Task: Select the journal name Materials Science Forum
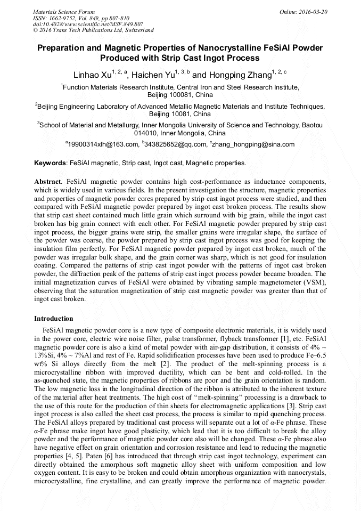[x=64, y=11]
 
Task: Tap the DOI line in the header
[x=88, y=24]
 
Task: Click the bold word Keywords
[x=50, y=163]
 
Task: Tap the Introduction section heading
[x=54, y=319]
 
